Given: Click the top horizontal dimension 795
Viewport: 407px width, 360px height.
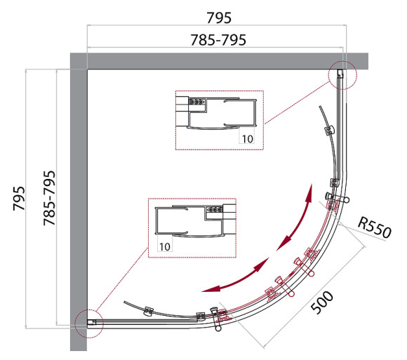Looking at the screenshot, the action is point(219,18).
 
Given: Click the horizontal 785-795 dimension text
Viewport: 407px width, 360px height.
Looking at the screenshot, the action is point(218,40).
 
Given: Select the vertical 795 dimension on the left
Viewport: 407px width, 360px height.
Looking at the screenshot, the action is point(19,199).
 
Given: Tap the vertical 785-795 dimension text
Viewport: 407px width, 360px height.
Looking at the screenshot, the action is point(49,198).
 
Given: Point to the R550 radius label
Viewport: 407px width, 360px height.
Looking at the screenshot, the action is point(375,227).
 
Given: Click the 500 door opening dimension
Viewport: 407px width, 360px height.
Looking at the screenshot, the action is point(322,302).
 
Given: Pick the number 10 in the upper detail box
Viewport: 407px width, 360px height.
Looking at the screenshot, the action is point(248,139).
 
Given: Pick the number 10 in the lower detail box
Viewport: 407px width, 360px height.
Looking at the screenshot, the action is point(165,246).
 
